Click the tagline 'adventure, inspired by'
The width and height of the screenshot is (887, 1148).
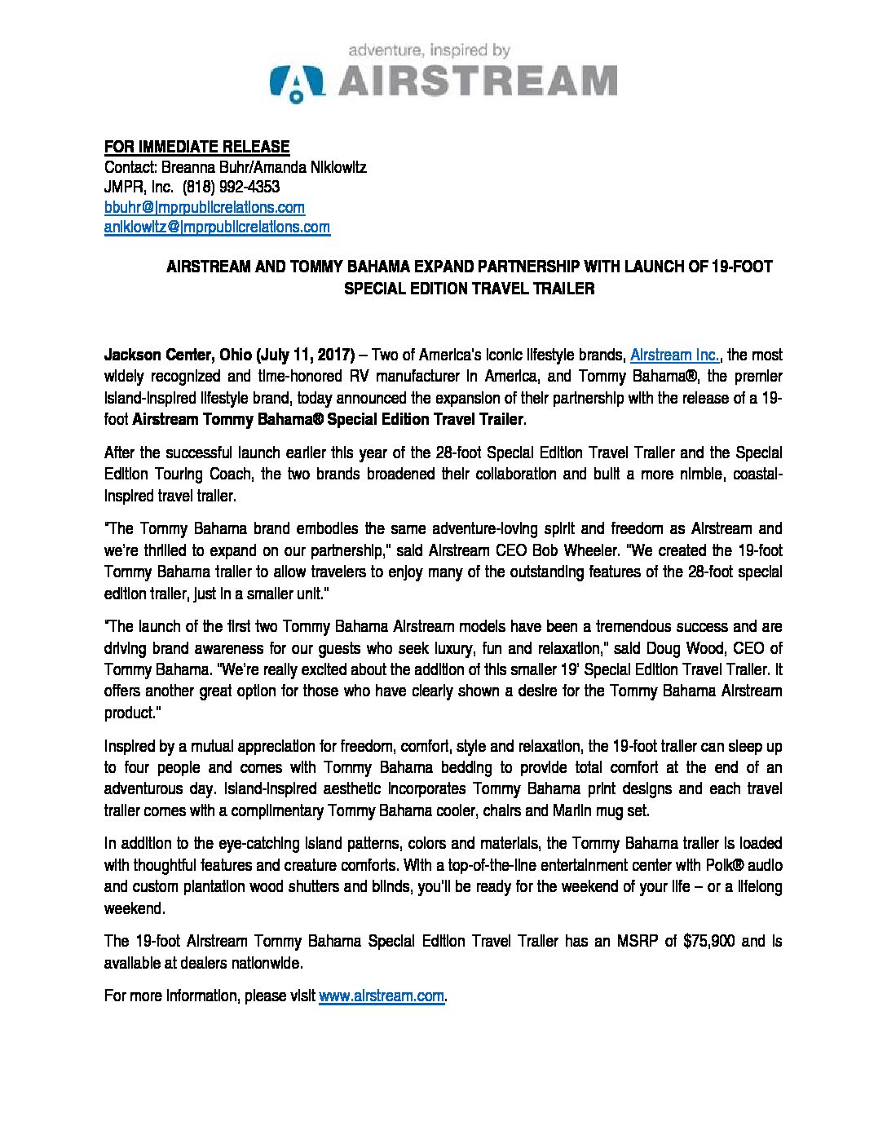coord(430,51)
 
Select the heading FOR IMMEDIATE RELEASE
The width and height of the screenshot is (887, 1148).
coord(196,147)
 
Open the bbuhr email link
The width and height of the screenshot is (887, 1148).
coord(204,207)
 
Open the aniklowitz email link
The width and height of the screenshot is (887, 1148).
coord(217,227)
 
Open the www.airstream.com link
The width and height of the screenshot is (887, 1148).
coord(382,996)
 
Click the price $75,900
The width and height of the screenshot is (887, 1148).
coord(711,941)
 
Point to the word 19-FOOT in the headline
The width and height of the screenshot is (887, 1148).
coord(740,267)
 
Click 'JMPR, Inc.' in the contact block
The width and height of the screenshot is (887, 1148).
coord(133,187)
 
